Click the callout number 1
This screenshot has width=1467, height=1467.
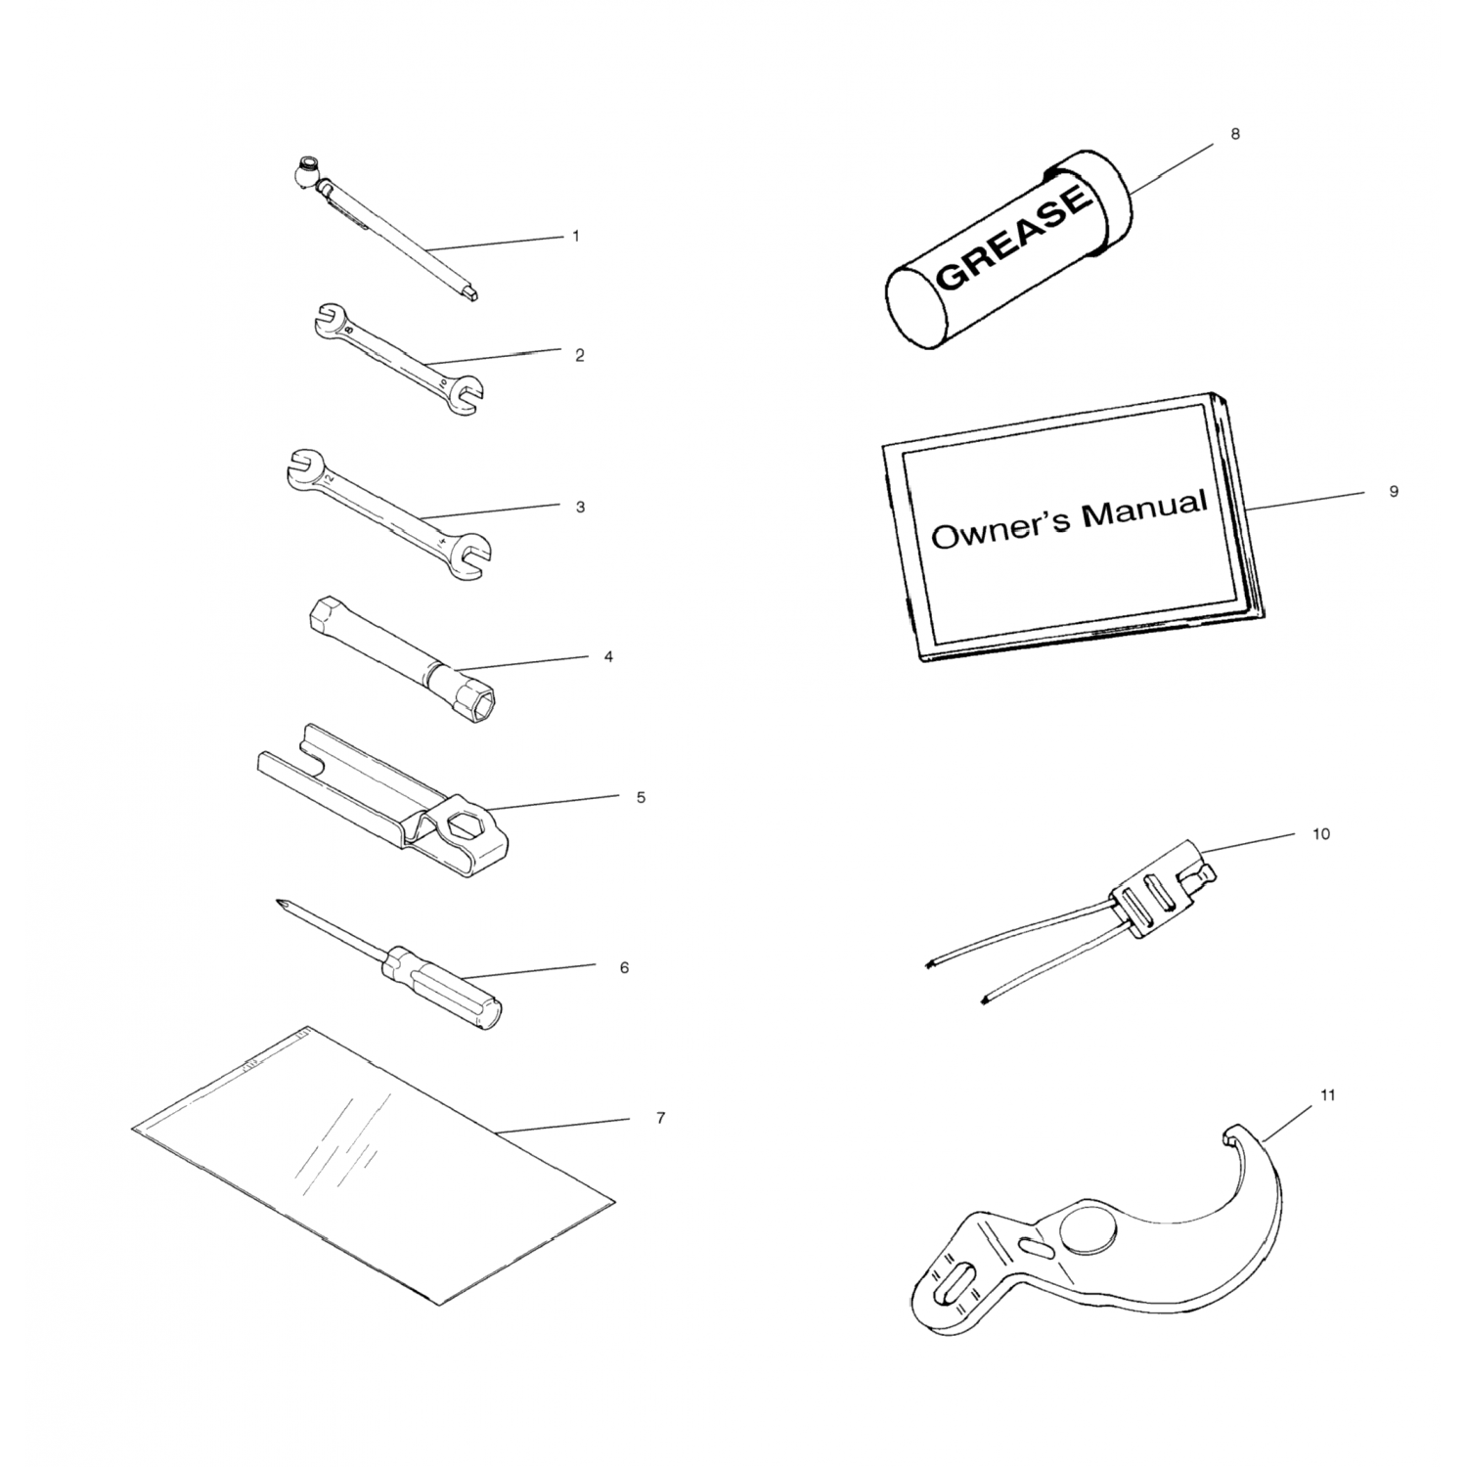576,236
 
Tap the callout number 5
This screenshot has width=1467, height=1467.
641,797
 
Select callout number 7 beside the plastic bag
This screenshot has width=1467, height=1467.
660,1118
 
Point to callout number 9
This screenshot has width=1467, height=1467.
1394,492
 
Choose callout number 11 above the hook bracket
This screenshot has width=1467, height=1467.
1327,1095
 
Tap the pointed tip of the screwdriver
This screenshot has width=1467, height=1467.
281,903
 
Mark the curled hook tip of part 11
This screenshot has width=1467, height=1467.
1228,1134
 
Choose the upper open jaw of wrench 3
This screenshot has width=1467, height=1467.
301,467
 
